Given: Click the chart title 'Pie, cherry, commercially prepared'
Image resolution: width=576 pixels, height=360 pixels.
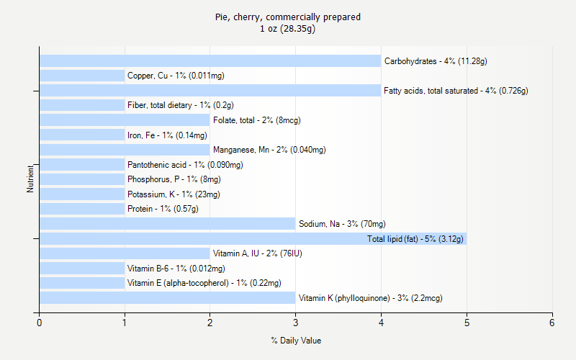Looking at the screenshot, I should point(288,17).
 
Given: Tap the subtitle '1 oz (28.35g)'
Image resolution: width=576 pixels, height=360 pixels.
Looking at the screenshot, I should point(288,29).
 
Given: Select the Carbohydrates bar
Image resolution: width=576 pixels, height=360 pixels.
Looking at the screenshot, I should point(210,61).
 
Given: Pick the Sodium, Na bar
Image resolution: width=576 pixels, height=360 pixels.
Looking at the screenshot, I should point(167,224).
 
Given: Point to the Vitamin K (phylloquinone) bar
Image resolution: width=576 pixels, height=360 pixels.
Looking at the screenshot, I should point(167,298).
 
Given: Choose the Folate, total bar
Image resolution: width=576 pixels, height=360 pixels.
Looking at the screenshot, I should point(125,120).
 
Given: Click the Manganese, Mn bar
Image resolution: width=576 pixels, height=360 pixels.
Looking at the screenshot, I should point(125,150).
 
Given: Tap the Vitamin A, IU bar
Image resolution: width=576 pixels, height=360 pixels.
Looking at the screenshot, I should point(125,253).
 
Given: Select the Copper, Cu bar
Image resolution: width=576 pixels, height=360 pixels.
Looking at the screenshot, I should point(82,76).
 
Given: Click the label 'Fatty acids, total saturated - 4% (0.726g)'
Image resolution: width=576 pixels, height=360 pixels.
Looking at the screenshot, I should point(456,91).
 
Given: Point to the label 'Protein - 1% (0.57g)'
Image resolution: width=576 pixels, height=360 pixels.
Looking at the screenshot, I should point(163,209).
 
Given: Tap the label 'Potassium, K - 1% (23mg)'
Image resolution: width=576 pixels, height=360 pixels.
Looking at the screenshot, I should point(174,194).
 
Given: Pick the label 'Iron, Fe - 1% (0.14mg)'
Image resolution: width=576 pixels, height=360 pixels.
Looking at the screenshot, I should point(167,135).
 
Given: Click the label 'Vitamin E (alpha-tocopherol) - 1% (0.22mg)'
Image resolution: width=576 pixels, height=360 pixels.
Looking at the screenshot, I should point(204,283).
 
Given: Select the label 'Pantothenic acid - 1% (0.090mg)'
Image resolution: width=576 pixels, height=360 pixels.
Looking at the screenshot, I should point(185,165).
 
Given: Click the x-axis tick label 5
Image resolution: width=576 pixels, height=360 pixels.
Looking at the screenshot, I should point(467,323).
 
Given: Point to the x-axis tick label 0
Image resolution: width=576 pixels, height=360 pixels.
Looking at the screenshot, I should point(40,323).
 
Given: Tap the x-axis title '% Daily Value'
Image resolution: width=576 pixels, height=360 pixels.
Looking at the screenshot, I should point(296,341).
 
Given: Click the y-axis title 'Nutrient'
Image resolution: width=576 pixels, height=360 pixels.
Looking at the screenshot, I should point(30,179).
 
